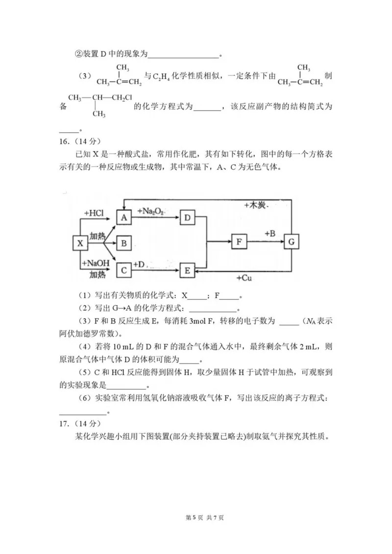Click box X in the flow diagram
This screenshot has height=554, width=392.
tap(81, 242)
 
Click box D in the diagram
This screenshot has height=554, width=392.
tap(187, 217)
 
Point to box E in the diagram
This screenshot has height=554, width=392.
tap(187, 269)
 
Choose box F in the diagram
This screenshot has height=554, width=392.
tap(239, 242)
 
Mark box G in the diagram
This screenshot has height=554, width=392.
tap(292, 242)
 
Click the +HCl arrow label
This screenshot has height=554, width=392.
tap(94, 214)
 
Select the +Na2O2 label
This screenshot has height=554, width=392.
tap(151, 211)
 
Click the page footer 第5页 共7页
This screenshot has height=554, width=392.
tap(196, 517)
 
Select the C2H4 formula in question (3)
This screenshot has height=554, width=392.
tap(163, 76)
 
